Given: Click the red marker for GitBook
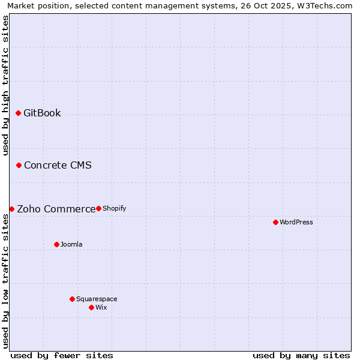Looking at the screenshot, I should [x=18, y=113].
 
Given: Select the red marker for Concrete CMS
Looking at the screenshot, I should [x=19, y=165].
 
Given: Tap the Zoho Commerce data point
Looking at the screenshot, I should [x=11, y=209].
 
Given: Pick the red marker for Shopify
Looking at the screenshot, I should [x=98, y=208].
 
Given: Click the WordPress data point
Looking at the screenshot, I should [x=275, y=222].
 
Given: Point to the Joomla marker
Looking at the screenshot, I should [x=56, y=244].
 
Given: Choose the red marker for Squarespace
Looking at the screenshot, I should [x=72, y=299].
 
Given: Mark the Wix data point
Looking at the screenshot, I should [x=91, y=307].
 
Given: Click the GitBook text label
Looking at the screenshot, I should [x=42, y=113].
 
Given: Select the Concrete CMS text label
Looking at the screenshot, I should [x=58, y=166].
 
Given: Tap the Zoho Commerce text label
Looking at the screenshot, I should [x=56, y=209].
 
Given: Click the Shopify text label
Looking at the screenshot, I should [x=114, y=209].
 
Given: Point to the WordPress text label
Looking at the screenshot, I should [x=296, y=223].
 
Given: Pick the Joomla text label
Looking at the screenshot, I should [x=71, y=245].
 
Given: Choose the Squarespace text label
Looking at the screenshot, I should [x=97, y=299].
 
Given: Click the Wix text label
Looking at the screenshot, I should [x=101, y=308].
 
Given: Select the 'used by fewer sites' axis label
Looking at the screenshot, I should [x=62, y=355].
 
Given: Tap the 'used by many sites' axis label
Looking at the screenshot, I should [x=301, y=355].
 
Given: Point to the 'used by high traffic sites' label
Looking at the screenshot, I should [x=6, y=85].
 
